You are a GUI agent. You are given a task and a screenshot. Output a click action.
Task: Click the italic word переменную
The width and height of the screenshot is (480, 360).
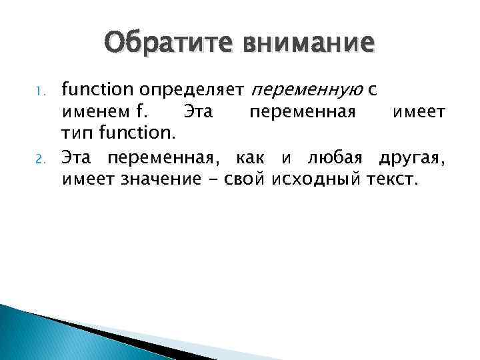click(290, 87)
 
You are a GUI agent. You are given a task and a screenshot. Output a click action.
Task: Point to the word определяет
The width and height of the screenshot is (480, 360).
click(193, 87)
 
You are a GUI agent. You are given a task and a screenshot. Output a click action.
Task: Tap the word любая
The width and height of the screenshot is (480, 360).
click(329, 157)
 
